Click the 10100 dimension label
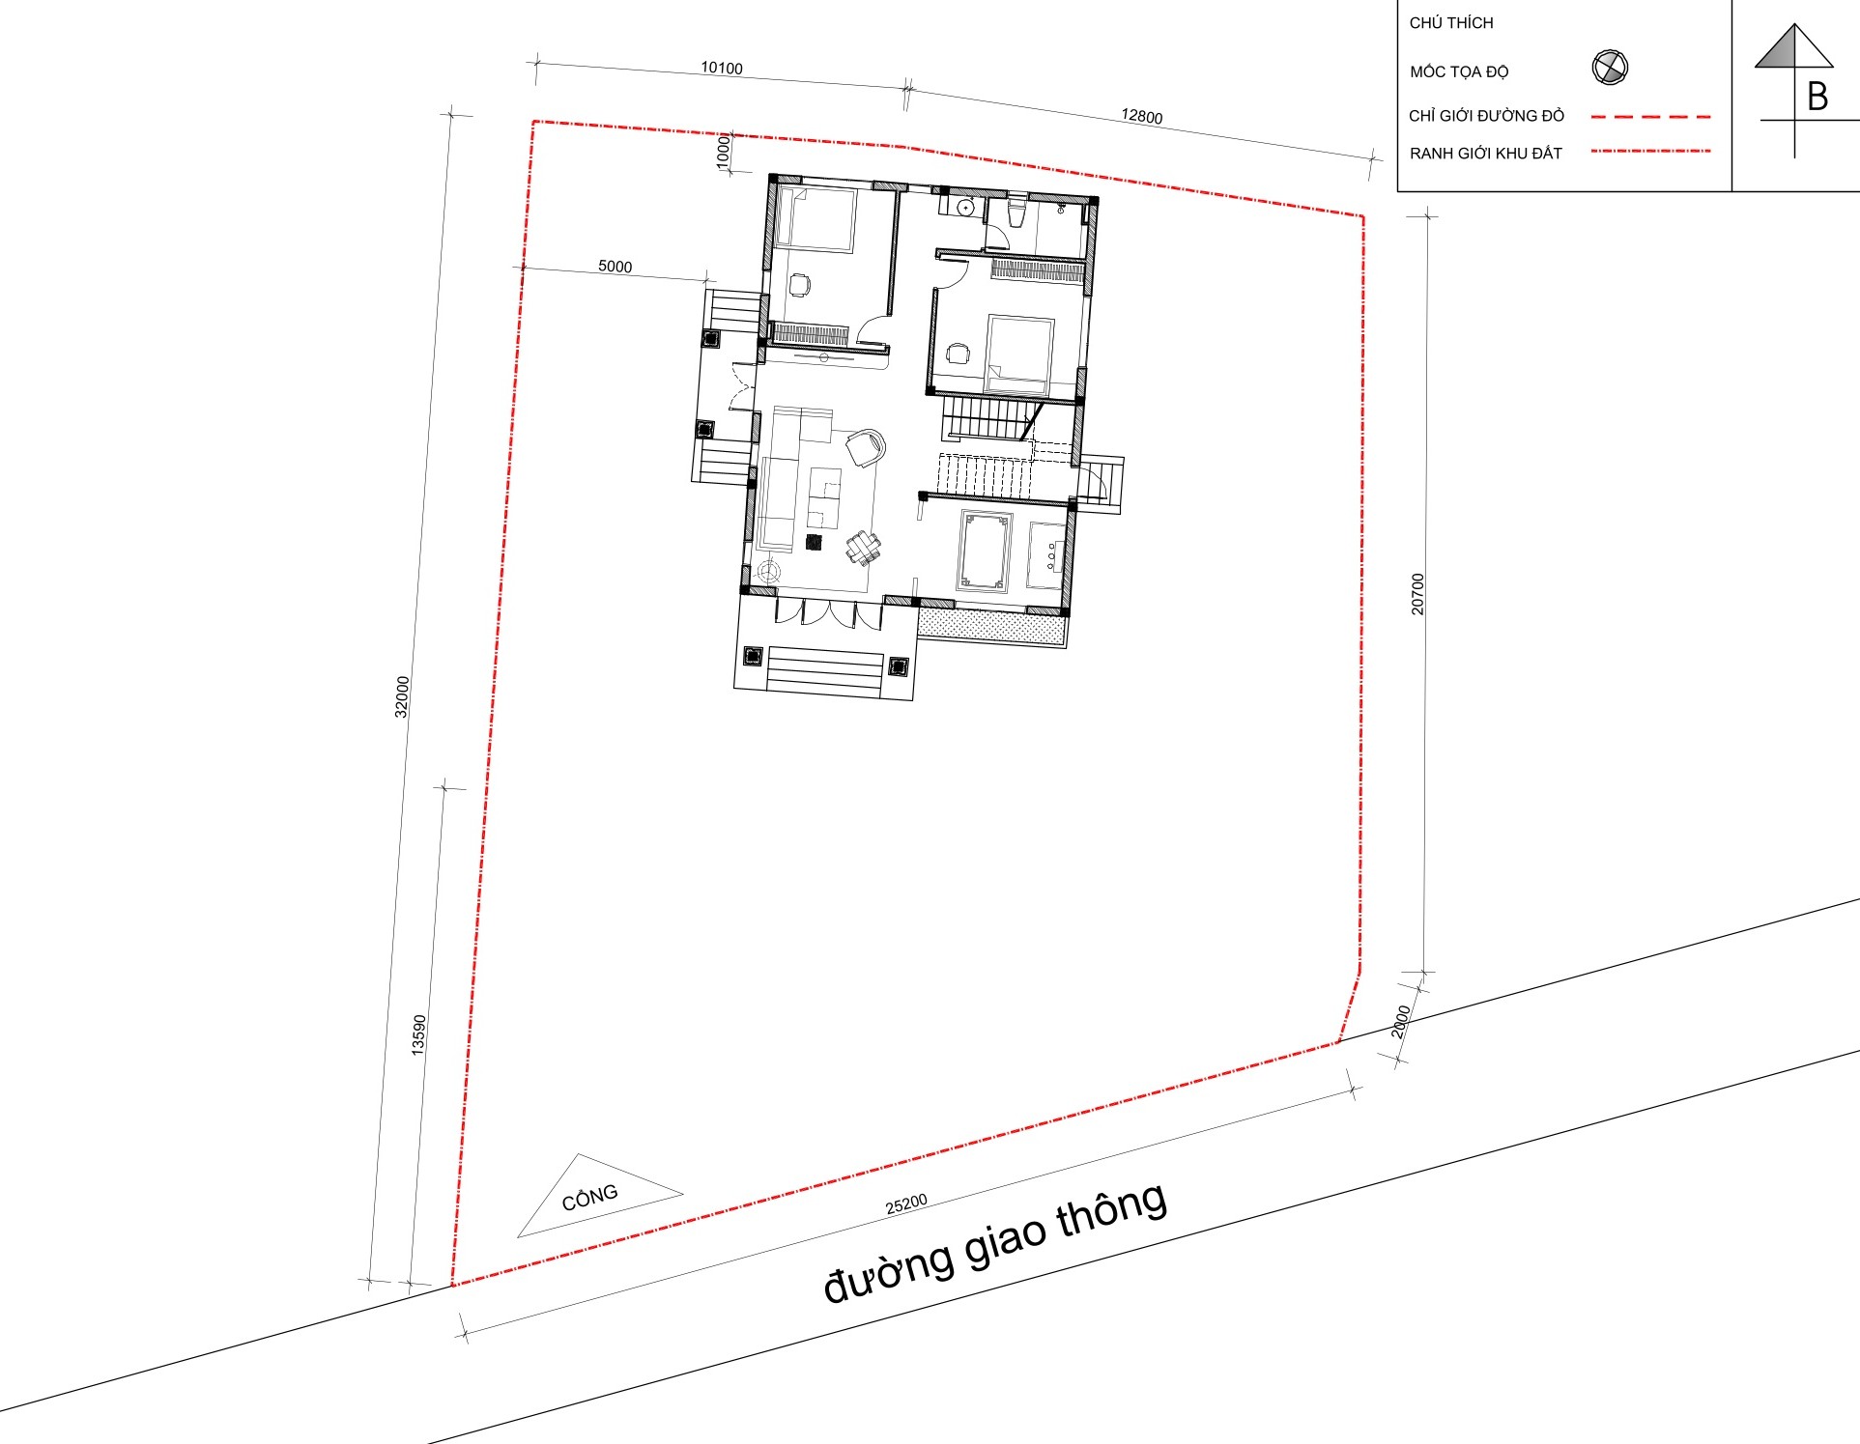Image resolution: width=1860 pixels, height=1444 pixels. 722,68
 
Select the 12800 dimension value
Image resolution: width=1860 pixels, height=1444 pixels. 1141,116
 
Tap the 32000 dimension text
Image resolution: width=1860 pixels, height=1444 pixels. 402,696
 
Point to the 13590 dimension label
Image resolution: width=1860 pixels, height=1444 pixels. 418,1034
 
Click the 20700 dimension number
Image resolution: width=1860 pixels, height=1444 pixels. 1417,594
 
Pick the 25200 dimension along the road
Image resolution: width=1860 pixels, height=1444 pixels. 906,1204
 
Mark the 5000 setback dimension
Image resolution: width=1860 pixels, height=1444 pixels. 615,267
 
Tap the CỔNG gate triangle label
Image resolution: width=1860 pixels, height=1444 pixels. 589,1198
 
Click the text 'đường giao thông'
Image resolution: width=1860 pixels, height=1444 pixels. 995,1243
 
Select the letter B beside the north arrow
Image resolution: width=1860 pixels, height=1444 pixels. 1817,97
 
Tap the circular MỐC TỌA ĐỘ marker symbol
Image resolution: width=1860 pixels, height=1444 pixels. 1610,68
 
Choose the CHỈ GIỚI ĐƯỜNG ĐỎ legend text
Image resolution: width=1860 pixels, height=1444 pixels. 1486,116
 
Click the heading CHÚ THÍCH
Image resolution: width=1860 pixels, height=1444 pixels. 1451,22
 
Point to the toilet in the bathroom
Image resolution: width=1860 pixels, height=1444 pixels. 1015,212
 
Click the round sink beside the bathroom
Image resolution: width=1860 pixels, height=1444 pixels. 964,208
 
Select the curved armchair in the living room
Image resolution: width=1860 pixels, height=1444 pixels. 866,447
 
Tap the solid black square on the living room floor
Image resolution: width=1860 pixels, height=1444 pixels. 814,542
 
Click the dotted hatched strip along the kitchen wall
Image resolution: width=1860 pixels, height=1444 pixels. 991,625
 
